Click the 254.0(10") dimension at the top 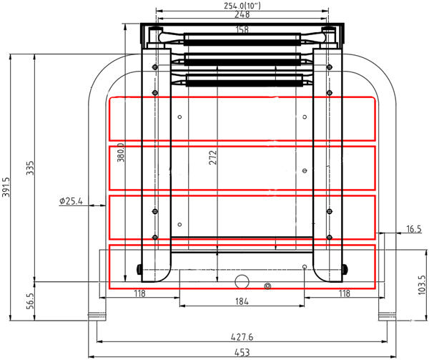click(241, 5)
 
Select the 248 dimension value click(242, 14)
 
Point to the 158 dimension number click(242, 29)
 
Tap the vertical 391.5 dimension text click(6, 190)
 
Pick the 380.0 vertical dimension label click(121, 153)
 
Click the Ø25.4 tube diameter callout click(71, 202)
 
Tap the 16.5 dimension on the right click(413, 228)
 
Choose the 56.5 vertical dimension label click(29, 301)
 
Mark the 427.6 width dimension click(242, 336)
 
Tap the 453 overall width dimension click(241, 351)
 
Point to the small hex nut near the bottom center click(267, 286)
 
